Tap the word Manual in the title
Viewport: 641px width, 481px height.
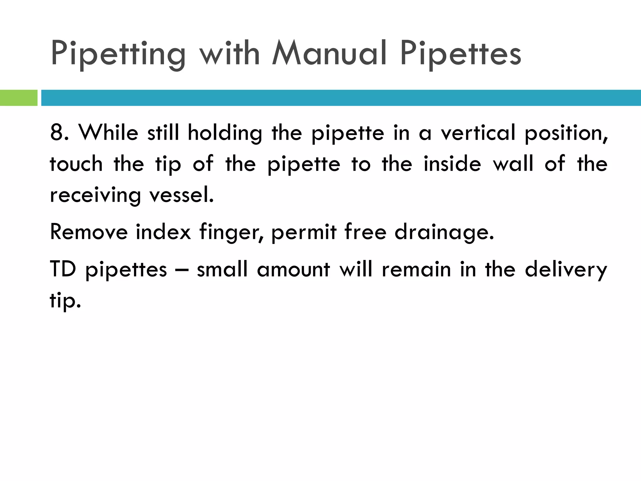(329, 53)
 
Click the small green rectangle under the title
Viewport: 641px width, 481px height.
(18, 98)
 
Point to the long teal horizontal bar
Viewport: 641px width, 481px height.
(341, 98)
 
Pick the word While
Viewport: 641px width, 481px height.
(108, 133)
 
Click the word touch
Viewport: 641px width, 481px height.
(76, 164)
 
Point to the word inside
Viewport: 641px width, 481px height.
(452, 164)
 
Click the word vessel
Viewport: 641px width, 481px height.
(182, 195)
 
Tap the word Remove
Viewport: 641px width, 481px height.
(89, 232)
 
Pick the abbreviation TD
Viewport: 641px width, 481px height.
(63, 269)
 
